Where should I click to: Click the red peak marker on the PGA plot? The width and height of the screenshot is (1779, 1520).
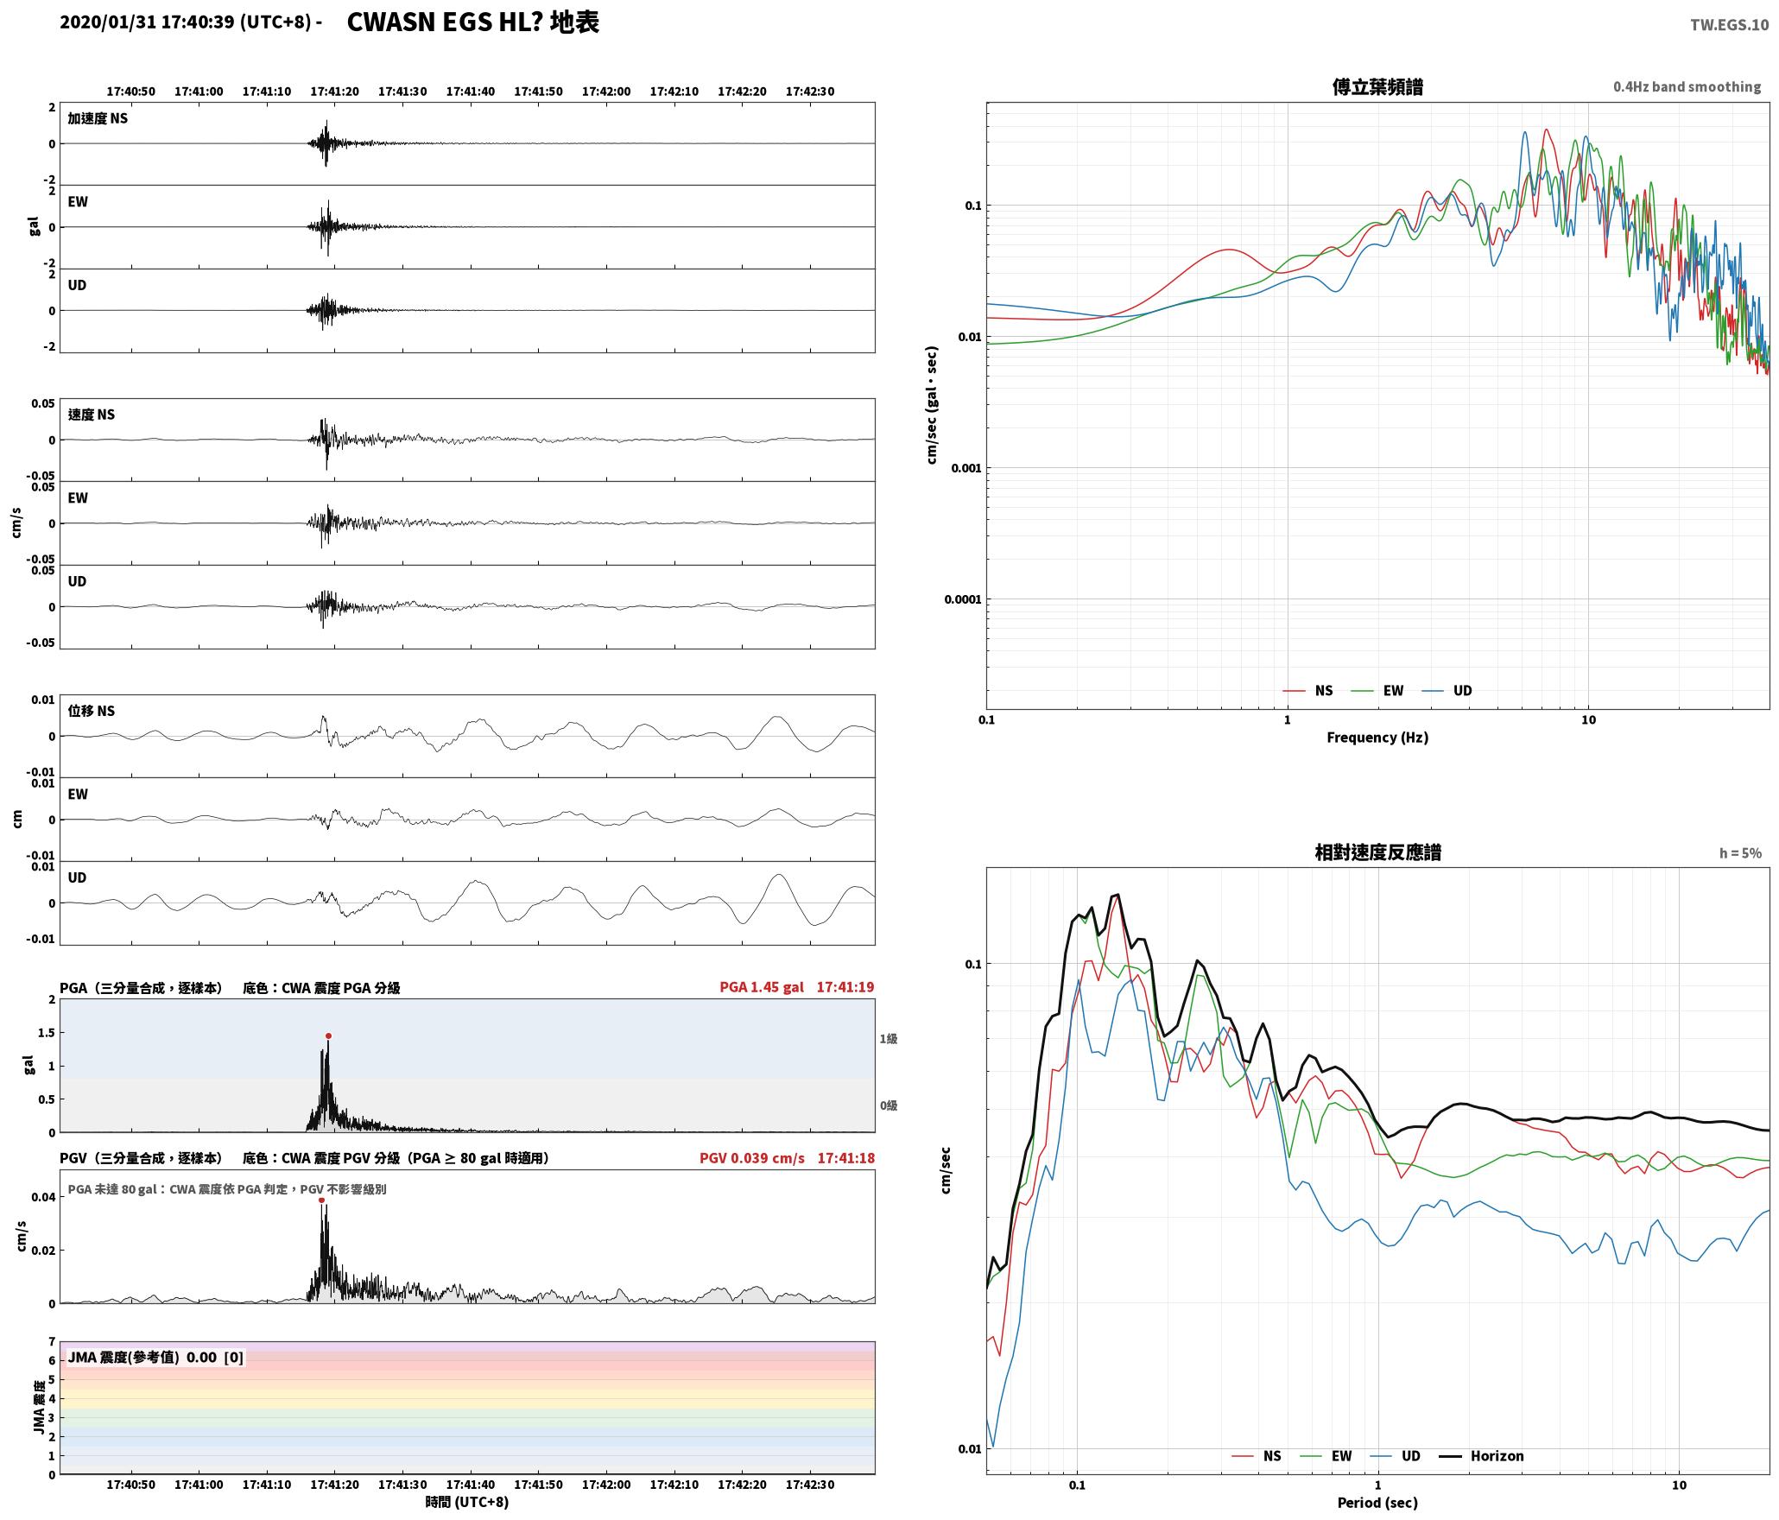point(328,1035)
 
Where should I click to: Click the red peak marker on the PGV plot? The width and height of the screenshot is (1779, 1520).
point(321,1200)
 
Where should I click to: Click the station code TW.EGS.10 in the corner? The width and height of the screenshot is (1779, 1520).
point(1729,25)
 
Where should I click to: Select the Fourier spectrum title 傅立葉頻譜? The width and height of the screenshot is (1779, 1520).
point(1377,87)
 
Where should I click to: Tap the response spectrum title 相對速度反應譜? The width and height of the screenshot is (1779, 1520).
point(1377,852)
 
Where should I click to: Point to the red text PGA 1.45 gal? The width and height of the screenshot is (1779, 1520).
point(762,987)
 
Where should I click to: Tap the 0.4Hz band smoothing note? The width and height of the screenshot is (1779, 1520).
point(1687,87)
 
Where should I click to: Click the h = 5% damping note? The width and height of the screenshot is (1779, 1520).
point(1740,853)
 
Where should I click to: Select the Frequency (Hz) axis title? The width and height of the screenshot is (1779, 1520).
point(1377,738)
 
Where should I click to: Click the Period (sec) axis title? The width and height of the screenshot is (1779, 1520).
point(1377,1503)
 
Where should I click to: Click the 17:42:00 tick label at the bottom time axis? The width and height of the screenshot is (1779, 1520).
point(606,1485)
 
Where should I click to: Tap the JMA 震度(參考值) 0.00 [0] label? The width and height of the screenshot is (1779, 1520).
point(155,1358)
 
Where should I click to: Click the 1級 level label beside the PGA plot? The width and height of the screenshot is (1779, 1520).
point(889,1039)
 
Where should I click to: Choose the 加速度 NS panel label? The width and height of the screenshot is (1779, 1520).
point(98,118)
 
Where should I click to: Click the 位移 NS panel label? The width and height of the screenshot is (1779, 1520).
point(92,711)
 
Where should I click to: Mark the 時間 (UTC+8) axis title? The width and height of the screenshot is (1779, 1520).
point(467,1502)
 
